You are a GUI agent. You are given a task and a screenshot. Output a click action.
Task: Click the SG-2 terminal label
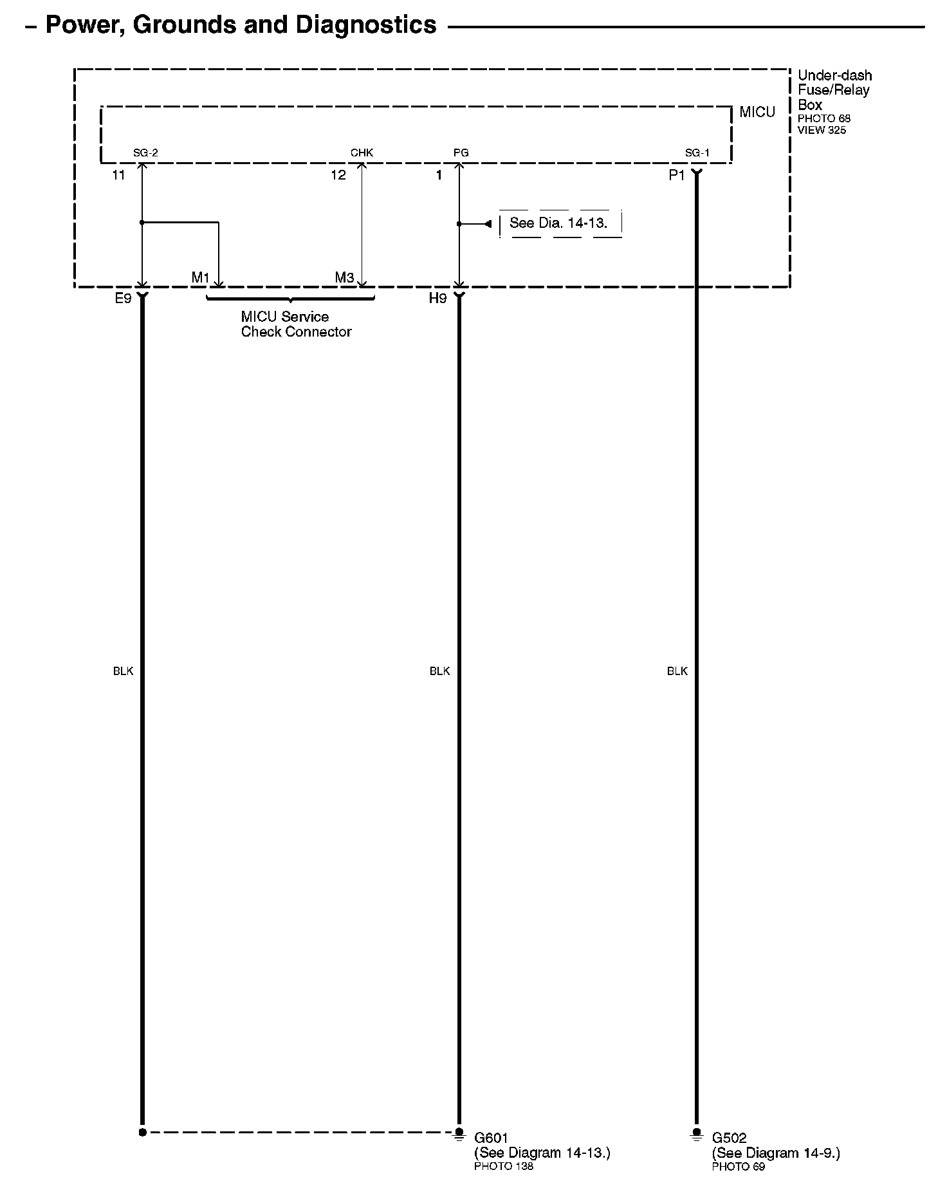coord(145,153)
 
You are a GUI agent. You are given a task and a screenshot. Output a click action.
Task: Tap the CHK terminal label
coord(362,153)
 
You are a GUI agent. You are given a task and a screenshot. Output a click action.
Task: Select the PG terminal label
coord(461,153)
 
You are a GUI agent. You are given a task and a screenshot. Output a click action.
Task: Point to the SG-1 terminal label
coord(697,153)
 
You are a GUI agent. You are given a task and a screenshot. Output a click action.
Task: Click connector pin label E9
coord(123,299)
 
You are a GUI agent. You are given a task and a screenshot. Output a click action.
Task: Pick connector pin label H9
coord(437,299)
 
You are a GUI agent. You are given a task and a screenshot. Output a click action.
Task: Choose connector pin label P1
coord(677,175)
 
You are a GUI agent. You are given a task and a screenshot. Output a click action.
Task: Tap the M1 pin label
coord(201,278)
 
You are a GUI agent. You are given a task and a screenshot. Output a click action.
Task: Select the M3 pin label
coord(344,278)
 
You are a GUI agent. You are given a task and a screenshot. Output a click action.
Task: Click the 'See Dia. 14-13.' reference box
coord(558,223)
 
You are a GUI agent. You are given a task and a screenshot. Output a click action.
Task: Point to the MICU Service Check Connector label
coord(296,324)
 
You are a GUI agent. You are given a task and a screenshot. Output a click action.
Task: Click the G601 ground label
coord(491,1138)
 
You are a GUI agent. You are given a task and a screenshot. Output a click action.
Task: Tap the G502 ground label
coord(729,1138)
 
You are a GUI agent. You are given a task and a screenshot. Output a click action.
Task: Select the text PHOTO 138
coord(504,1166)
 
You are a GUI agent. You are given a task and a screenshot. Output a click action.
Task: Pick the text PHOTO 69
coord(739,1166)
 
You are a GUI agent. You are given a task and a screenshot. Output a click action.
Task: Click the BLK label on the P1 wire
coord(677,671)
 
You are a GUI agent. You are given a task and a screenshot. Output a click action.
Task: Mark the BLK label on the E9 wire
coord(123,671)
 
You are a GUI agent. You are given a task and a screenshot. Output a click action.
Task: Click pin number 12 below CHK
coord(338,175)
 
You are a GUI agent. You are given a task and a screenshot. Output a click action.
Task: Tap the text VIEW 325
coord(822,130)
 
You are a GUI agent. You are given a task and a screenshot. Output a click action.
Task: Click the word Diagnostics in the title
coord(366,25)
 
